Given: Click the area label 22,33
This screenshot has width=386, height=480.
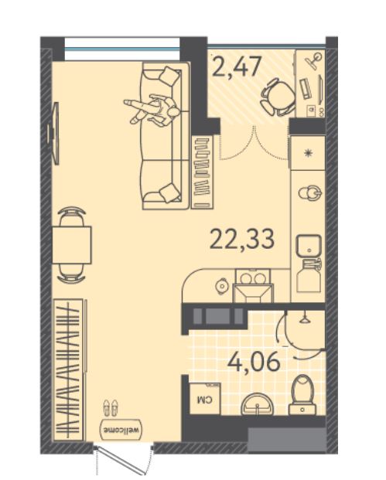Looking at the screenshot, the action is [242, 239].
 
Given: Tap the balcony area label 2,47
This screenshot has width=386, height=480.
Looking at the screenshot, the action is [237, 66].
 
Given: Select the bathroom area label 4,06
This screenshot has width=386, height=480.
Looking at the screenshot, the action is [254, 362].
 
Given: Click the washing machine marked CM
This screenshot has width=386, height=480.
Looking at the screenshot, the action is [205, 399].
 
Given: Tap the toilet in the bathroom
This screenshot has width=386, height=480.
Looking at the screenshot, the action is [302, 395].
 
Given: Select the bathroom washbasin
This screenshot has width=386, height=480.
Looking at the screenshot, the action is [258, 403].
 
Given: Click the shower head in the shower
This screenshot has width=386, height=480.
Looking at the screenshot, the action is [304, 318].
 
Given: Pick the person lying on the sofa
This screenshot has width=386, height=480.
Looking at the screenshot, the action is [152, 110].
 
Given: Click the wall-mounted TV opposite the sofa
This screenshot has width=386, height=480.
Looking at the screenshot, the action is [53, 134].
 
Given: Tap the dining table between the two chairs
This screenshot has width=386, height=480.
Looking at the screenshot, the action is [72, 245].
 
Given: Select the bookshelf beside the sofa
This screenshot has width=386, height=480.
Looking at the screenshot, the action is [203, 172].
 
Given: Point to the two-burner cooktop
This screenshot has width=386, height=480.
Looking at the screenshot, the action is [253, 277].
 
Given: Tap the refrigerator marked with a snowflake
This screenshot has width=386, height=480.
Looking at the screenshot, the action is [308, 153].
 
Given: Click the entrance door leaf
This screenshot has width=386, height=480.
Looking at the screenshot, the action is [121, 461].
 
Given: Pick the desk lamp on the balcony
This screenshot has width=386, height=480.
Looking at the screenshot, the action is [315, 59].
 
